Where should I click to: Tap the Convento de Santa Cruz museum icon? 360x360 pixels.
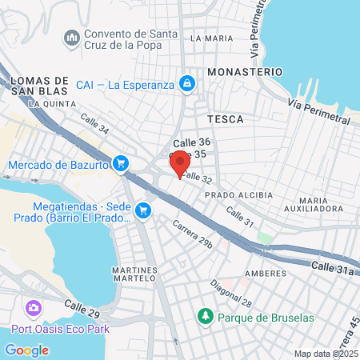tap(73, 38)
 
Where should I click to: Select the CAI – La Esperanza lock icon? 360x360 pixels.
tap(186, 83)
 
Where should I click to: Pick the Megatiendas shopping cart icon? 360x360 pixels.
tap(143, 210)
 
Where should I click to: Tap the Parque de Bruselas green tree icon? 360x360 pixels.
tap(206, 317)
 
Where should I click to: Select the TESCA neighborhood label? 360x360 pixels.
tap(224, 118)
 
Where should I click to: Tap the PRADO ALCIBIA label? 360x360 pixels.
tap(238, 195)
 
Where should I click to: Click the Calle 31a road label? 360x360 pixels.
tap(333, 268)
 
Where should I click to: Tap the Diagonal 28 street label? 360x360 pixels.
tap(231, 294)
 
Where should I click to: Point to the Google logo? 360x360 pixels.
tap(26, 350)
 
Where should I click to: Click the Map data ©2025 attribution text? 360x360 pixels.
tap(326, 354)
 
